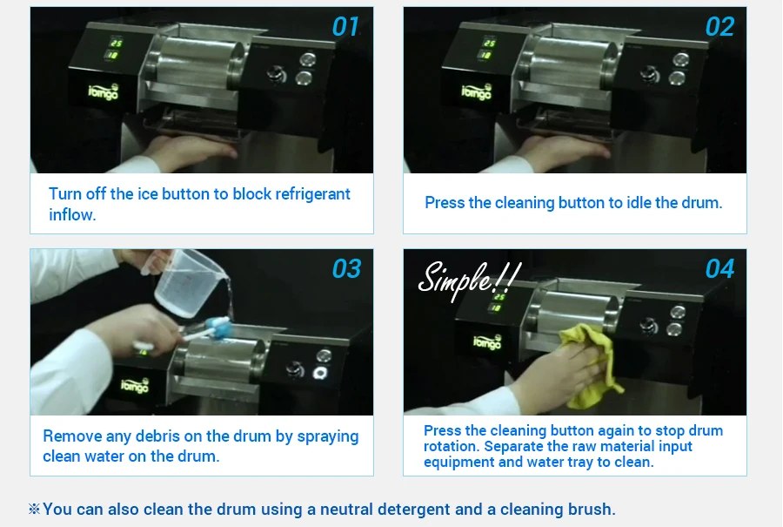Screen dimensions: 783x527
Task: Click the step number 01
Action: click(345, 26)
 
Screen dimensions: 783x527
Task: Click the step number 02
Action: click(719, 26)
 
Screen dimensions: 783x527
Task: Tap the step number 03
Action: click(346, 268)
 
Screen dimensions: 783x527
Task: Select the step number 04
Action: click(719, 268)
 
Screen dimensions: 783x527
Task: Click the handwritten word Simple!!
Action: click(468, 279)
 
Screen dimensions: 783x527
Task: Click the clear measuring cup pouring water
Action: click(187, 282)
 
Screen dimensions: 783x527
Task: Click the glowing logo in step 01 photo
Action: click(104, 92)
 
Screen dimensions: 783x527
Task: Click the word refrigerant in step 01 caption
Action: click(312, 194)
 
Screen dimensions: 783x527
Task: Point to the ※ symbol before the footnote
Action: click(35, 509)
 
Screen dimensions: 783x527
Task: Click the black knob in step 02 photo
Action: click(649, 74)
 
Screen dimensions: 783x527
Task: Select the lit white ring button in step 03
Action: click(319, 373)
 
